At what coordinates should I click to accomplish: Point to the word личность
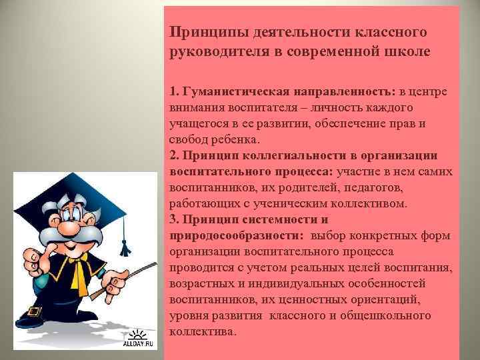click(351, 108)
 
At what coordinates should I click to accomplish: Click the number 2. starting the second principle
click(175, 156)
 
